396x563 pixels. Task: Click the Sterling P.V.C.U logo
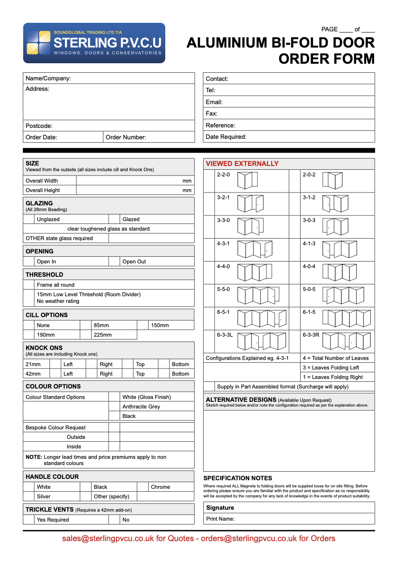94,43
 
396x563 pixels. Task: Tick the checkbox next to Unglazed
29,219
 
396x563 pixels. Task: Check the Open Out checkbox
114,262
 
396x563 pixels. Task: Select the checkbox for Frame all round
29,285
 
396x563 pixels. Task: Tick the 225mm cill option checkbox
85,335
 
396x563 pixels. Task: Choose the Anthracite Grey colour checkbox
114,407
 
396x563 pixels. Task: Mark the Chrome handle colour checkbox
142,487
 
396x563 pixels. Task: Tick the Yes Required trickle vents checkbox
29,520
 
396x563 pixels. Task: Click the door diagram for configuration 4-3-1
255,249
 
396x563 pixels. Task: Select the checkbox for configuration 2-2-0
209,181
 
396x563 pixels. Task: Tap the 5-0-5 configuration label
309,289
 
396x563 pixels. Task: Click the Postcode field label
39,126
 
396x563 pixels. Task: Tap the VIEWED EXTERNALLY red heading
242,164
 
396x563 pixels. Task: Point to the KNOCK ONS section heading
44,348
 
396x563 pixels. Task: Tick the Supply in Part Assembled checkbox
209,387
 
